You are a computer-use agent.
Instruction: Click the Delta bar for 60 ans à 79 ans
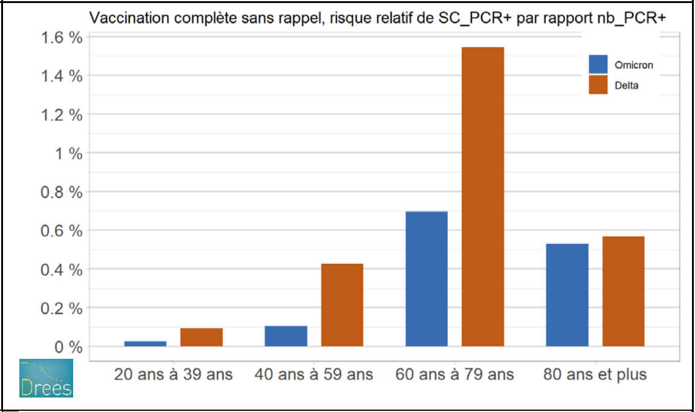482,196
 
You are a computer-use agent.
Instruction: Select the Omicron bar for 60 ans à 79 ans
426,278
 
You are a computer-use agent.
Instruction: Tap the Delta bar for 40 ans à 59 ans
341,304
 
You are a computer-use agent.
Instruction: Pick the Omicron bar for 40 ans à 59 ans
286,336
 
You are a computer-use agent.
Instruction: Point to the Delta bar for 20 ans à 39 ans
201,337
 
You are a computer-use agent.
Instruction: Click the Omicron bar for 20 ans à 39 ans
145,343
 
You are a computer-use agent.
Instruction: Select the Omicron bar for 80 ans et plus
567,295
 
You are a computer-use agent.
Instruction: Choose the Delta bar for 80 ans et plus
623,291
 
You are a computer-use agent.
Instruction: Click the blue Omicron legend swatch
598,65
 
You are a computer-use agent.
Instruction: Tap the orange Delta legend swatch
598,85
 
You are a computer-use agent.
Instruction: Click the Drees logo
46,378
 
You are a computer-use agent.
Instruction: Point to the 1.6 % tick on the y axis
62,37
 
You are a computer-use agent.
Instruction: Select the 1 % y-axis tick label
68,153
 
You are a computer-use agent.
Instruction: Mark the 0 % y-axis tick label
68,347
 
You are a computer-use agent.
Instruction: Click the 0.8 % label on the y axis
62,192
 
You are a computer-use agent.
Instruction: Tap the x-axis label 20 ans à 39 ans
173,375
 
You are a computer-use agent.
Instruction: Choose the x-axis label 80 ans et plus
595,375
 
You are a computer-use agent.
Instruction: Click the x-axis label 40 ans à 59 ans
314,375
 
